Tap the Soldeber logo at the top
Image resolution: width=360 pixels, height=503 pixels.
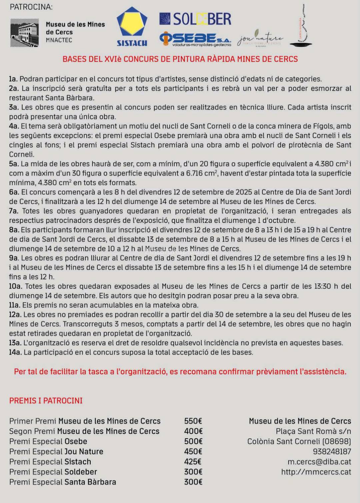point(195,19)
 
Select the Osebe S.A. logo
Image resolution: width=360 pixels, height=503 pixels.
point(195,39)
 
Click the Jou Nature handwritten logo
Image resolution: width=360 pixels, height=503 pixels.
point(260,39)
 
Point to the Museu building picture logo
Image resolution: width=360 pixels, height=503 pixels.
point(24,33)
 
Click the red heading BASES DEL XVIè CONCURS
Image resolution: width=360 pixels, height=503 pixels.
point(180,59)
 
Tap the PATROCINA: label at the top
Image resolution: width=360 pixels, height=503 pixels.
point(31,7)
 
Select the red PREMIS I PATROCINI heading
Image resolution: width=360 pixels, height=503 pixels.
point(46,400)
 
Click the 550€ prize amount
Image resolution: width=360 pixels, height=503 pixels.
point(193,421)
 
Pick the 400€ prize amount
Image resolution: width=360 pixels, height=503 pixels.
point(193,431)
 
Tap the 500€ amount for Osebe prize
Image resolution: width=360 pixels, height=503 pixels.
point(193,441)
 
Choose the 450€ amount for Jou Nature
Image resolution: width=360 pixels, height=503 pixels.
point(193,451)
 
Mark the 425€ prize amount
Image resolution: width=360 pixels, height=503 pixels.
point(193,462)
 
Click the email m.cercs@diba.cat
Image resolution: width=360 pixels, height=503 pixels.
point(319,462)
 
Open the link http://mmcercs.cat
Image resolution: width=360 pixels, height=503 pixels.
point(316,472)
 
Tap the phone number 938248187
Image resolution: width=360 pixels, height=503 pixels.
point(332,451)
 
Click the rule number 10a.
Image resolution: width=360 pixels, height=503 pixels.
point(15,286)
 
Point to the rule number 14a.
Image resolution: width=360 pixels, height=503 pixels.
point(15,352)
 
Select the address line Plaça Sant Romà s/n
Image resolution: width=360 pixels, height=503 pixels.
point(313,431)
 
